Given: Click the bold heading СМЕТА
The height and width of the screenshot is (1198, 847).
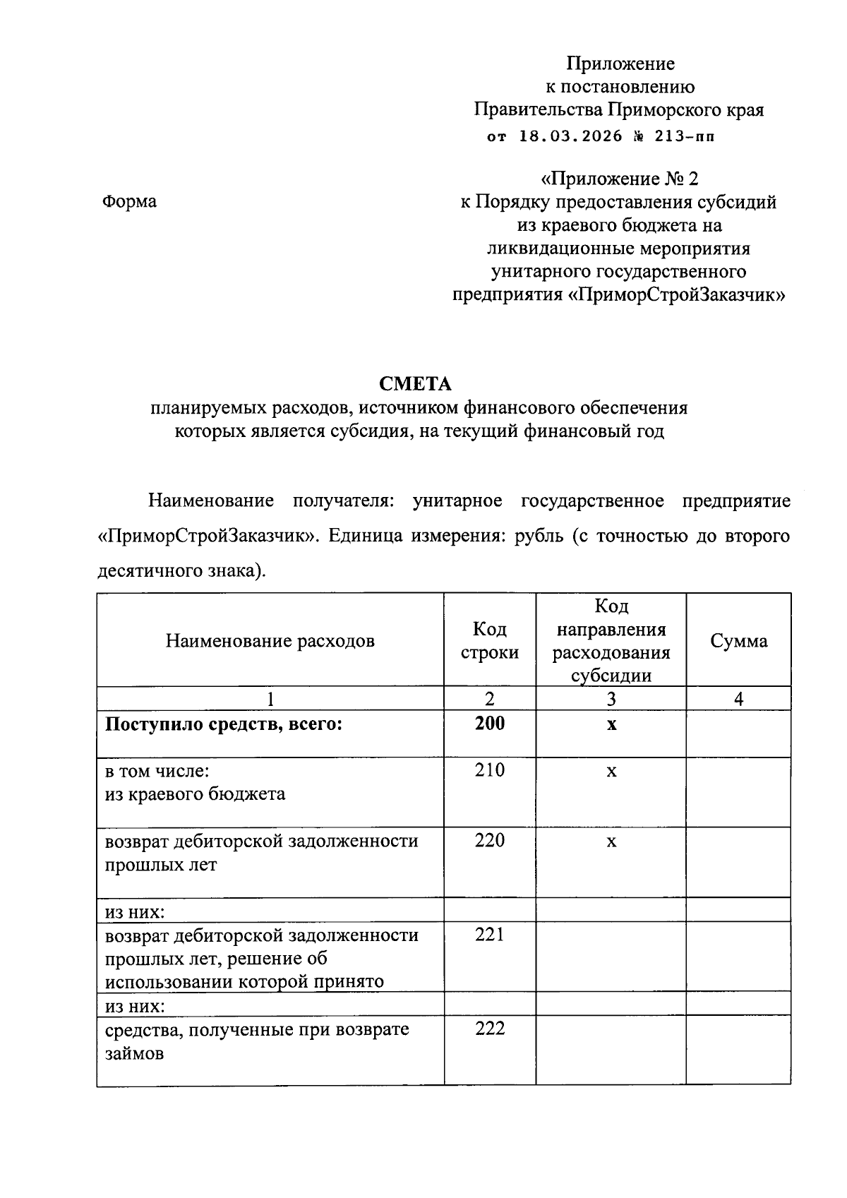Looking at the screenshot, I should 415,384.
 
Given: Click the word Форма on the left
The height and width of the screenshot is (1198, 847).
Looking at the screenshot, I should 129,201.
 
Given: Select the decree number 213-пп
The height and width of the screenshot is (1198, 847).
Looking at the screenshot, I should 684,136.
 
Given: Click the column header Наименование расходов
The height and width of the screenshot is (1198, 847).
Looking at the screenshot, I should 270,641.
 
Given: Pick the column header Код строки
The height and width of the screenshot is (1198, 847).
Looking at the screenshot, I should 489,641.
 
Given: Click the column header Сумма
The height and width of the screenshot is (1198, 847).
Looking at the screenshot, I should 738,641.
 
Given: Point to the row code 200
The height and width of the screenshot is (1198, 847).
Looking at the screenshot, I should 489,724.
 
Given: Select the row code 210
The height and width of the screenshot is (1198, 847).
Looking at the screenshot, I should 489,770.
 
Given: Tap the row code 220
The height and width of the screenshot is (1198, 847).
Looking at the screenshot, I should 489,840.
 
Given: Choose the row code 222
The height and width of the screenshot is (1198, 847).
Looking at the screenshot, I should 489,1029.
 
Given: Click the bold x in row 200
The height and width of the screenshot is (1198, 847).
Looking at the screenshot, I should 611,724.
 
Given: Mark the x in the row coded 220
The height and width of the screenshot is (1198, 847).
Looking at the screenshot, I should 611,841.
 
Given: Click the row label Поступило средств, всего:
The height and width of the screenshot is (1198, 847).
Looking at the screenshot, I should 223,724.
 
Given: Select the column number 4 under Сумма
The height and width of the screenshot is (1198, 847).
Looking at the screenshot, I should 738,699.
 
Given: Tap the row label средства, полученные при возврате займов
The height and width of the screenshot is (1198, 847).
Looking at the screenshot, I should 257,1041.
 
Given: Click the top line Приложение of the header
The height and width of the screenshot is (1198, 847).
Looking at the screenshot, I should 620,64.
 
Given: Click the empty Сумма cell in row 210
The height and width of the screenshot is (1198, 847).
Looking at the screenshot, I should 738,792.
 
